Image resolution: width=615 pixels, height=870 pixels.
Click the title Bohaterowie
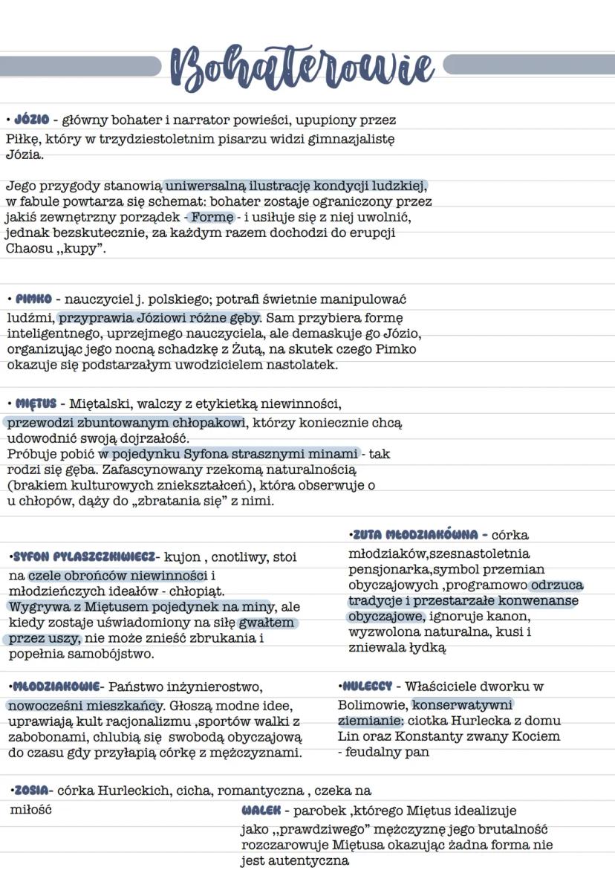302,68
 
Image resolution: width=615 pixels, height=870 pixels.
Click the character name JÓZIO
31,120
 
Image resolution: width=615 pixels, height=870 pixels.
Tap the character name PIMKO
33,299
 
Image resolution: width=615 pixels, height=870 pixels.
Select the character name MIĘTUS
36,403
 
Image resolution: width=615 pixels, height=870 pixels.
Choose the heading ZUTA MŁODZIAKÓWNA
415,534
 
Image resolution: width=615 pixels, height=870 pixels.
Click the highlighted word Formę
212,217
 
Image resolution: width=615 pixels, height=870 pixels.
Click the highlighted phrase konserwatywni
462,704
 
